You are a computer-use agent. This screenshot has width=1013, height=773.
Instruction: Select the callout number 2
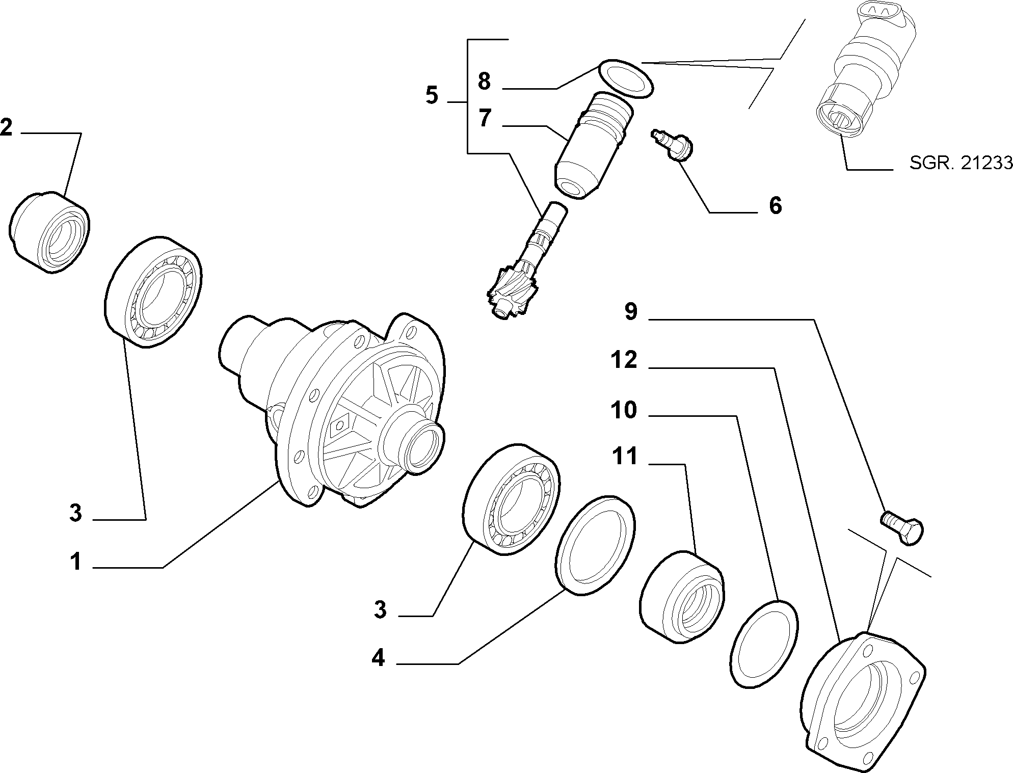tap(7, 127)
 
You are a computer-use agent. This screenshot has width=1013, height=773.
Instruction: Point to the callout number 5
tap(432, 95)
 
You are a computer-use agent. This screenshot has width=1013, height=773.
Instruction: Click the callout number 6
tap(775, 206)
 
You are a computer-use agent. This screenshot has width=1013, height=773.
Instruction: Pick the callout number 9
tap(631, 311)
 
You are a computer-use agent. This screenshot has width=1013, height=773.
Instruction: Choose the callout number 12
tap(624, 360)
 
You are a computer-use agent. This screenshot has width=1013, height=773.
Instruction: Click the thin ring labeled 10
tap(763, 645)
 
